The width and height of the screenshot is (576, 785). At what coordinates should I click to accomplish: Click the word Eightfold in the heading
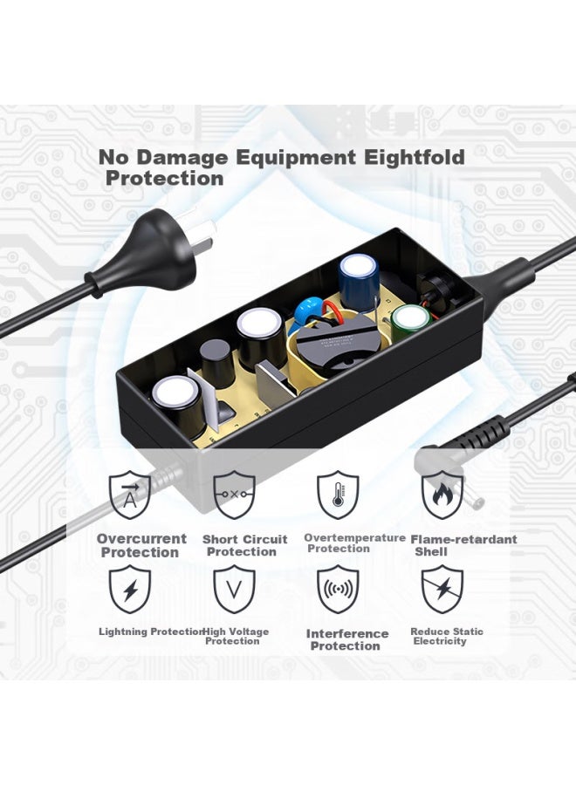click(x=415, y=157)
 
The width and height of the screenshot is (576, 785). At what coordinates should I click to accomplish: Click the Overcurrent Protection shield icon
click(x=130, y=495)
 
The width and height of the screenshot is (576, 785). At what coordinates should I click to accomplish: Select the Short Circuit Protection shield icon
click(x=234, y=495)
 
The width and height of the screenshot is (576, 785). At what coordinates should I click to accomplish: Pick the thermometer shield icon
click(x=338, y=495)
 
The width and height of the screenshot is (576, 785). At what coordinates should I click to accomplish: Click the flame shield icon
click(x=442, y=495)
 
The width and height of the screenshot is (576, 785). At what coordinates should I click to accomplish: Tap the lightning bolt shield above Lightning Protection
click(x=130, y=590)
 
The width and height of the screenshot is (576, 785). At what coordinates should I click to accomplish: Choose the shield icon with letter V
click(x=234, y=590)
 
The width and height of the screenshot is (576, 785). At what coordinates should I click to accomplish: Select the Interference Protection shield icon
click(x=338, y=590)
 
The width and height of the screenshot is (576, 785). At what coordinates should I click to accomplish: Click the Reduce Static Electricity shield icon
click(x=442, y=590)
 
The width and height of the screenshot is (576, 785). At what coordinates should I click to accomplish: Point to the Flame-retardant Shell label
click(x=463, y=545)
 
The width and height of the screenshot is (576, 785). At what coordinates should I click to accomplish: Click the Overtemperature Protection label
click(x=354, y=543)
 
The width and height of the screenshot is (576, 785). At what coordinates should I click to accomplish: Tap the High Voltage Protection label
click(x=236, y=637)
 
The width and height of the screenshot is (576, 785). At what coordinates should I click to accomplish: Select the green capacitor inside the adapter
click(x=411, y=324)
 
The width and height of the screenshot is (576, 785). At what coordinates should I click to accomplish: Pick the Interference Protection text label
click(x=346, y=640)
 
